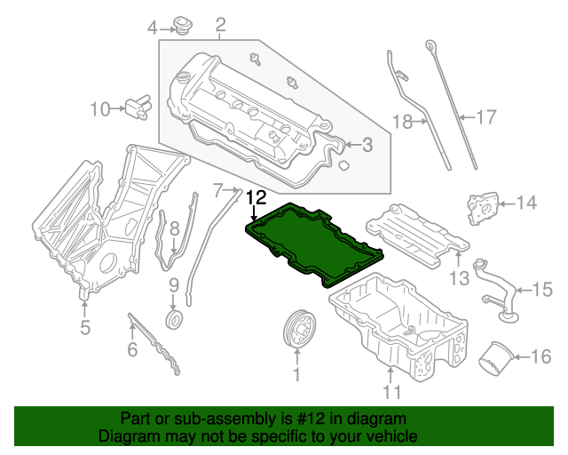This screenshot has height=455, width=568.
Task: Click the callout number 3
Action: coord(367,146)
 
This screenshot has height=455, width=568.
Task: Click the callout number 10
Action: coord(100,109)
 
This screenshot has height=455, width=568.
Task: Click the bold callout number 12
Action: coord(256,197)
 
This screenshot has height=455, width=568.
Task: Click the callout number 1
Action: coord(297,377)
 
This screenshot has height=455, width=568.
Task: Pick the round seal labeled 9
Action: coord(174,319)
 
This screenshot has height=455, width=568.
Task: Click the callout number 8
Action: coord(175,229)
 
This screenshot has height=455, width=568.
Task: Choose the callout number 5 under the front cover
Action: coord(85,328)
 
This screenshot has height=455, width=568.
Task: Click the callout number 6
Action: coord(132,350)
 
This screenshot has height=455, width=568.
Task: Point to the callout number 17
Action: coord(485,116)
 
